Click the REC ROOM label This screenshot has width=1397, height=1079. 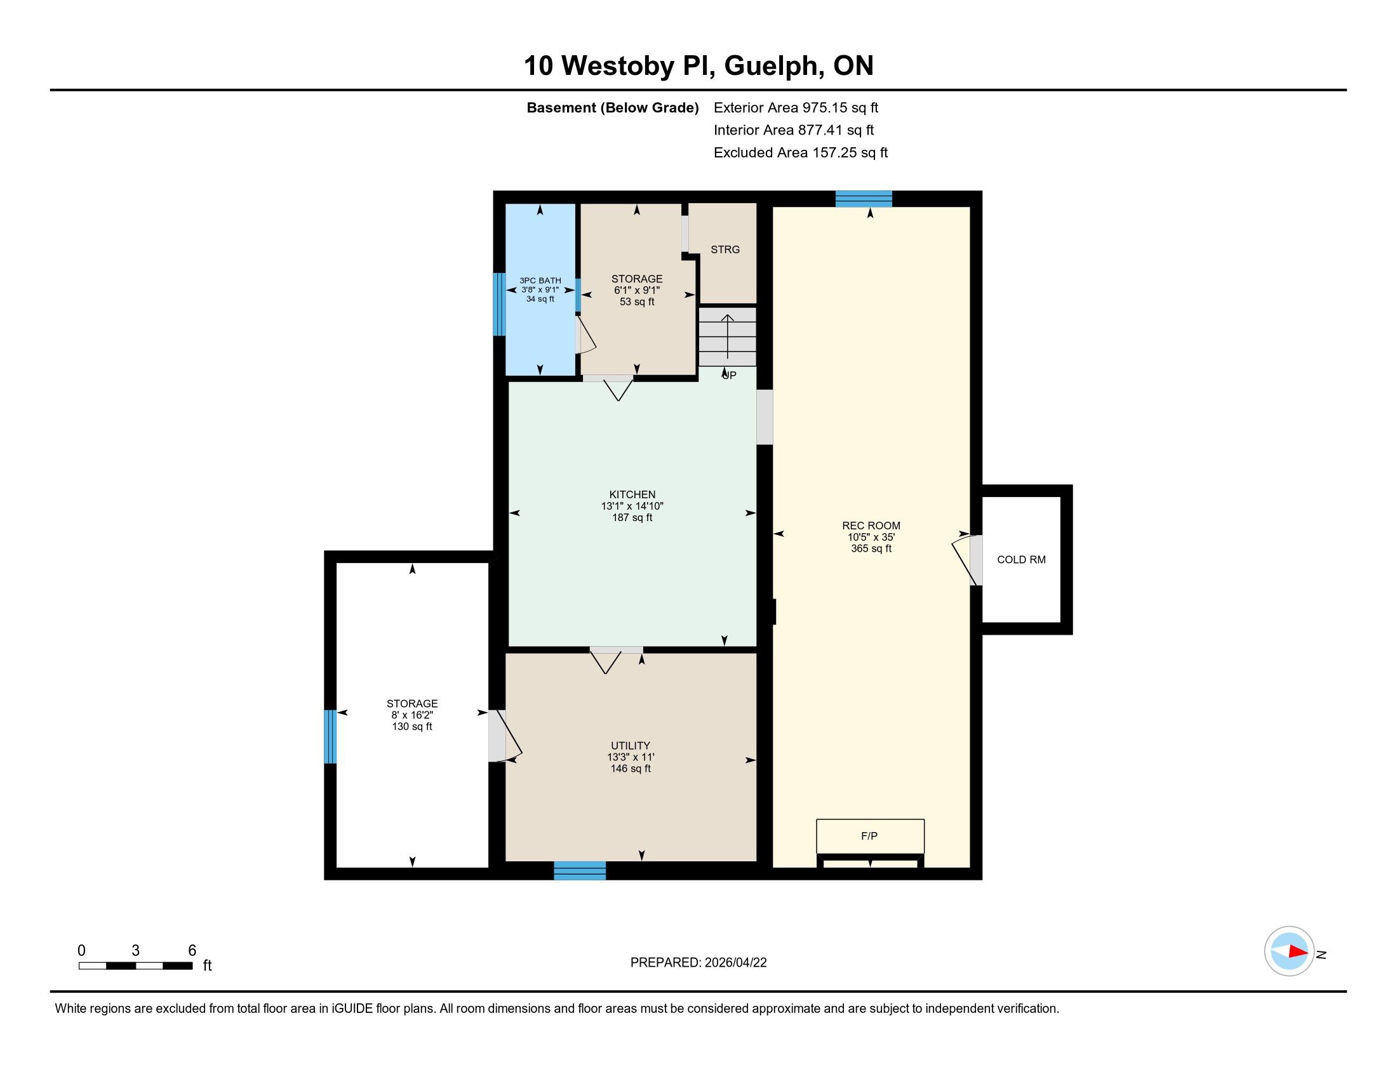click(x=871, y=526)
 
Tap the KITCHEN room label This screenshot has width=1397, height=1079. click(x=632, y=494)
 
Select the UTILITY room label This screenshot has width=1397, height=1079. click(x=630, y=745)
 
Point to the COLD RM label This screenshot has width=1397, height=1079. click(x=1021, y=559)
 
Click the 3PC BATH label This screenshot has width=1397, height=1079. click(x=540, y=281)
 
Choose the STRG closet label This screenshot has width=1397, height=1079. click(x=725, y=249)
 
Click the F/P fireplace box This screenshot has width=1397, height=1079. click(x=870, y=835)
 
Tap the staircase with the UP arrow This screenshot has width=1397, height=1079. click(x=727, y=337)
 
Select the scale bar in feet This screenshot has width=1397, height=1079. click(x=136, y=965)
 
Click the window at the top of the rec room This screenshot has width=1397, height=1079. click(x=864, y=199)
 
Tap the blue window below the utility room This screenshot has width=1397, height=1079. click(x=580, y=871)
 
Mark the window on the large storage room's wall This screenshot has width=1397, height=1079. click(x=330, y=736)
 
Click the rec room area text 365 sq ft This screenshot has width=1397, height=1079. click(x=871, y=548)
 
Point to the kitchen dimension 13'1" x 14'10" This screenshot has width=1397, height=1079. click(x=632, y=506)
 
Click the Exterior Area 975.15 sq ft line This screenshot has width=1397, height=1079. click(x=796, y=107)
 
